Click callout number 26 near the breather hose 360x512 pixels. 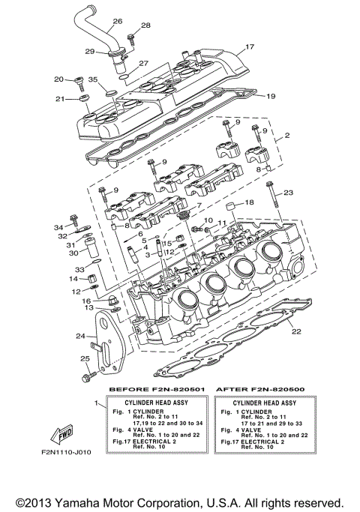coord(118,21)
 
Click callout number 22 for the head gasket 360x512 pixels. coord(296,331)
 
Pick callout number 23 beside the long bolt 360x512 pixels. coord(288,193)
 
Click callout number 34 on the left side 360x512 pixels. coord(58,226)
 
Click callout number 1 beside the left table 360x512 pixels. coord(94,404)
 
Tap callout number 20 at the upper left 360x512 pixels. coord(58,79)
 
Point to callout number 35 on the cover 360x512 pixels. coord(93,79)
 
